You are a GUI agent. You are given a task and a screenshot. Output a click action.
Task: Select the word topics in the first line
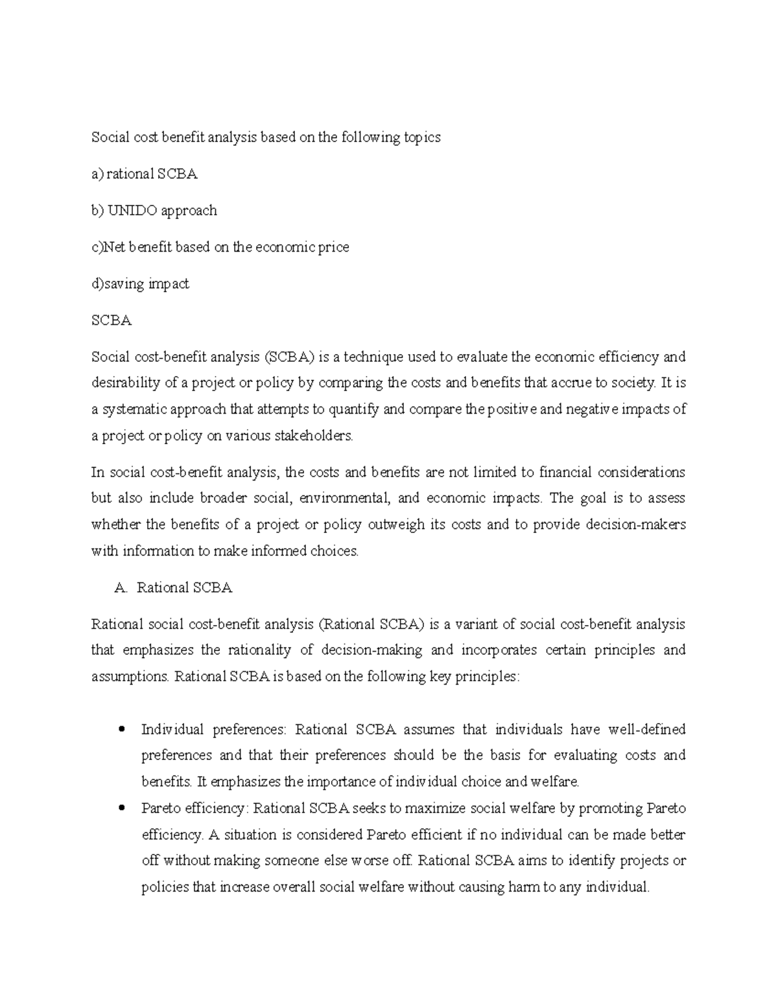[422, 137]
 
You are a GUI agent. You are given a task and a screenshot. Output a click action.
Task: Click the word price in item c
[333, 247]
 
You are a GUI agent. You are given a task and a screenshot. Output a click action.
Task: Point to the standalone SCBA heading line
[112, 320]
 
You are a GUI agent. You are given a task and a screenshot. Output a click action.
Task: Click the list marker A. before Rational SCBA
[119, 588]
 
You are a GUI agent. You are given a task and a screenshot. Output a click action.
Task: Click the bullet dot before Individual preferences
[121, 730]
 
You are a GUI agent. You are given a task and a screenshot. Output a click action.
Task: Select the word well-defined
[646, 730]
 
